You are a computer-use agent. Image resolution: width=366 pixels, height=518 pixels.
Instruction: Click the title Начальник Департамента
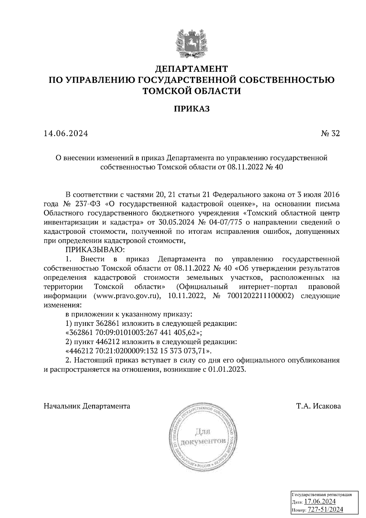click(x=87, y=406)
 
